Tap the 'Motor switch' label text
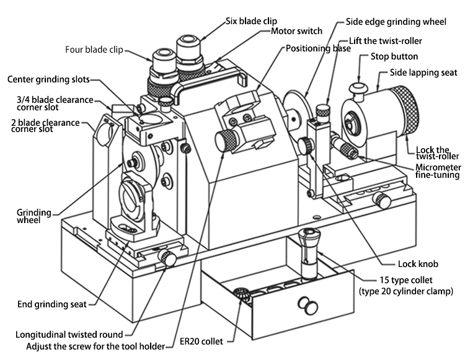(x=298, y=31)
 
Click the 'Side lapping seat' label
(x=423, y=72)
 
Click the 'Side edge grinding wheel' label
(x=396, y=22)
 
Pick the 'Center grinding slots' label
(x=48, y=80)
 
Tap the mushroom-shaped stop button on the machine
(x=358, y=87)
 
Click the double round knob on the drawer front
(x=306, y=303)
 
